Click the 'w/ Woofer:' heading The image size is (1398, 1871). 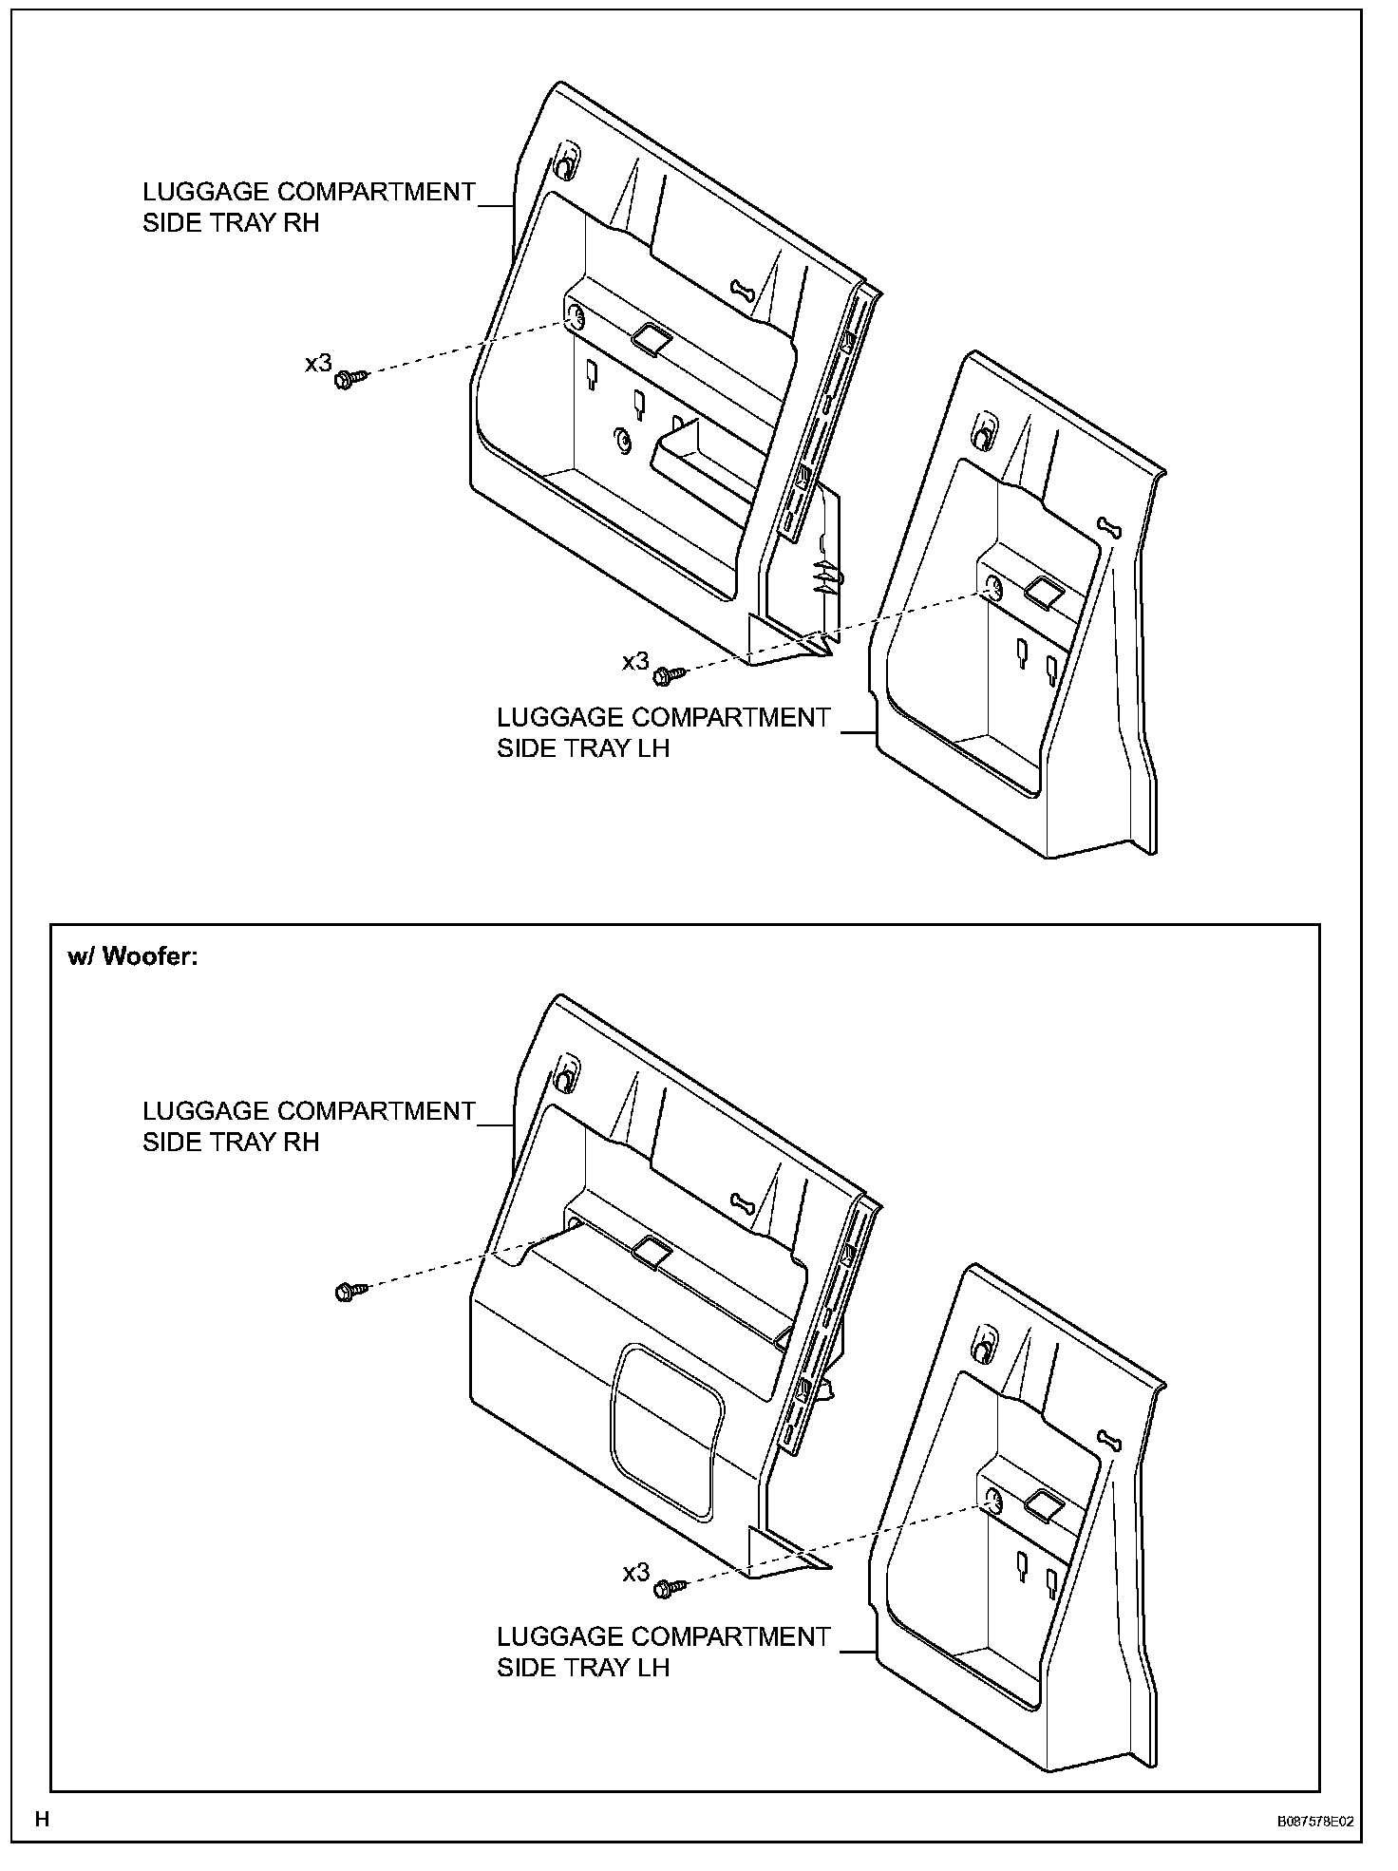pos(132,956)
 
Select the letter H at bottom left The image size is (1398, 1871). pos(42,1820)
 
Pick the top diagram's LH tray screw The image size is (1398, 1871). pos(668,676)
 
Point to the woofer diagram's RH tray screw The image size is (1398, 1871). pos(348,1291)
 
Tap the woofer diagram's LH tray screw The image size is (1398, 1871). pos(668,1586)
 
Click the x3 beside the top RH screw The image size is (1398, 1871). pos(318,363)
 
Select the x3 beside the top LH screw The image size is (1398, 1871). pos(635,662)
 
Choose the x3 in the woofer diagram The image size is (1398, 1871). pos(635,1573)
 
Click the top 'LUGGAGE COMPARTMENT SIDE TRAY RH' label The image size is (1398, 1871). pos(308,206)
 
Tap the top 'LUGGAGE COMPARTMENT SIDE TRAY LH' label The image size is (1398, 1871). pos(663,732)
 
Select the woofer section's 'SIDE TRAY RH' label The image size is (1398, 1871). pos(308,1126)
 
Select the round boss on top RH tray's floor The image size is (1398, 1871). pos(622,441)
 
